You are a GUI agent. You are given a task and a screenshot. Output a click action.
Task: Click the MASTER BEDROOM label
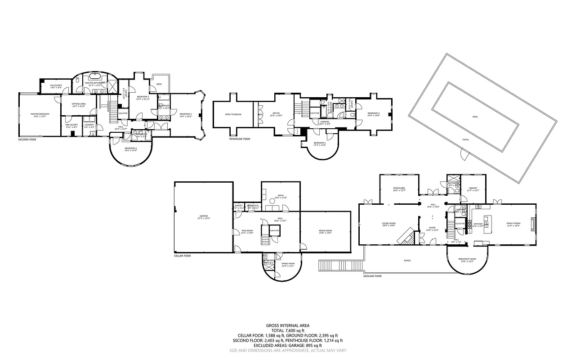[x=40, y=114]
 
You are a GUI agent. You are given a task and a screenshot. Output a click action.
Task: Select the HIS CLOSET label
[x=56, y=85]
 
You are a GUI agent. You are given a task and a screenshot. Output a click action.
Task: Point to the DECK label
[x=159, y=84]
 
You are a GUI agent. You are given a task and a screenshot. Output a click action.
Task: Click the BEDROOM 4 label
[x=131, y=149]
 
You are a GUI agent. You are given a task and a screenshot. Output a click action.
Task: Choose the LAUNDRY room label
[x=89, y=125]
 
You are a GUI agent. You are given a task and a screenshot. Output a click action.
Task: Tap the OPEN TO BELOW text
[x=233, y=114]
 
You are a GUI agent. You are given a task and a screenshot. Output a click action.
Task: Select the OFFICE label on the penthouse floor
[x=276, y=114]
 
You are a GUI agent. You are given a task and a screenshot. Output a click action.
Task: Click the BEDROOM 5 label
[x=373, y=113]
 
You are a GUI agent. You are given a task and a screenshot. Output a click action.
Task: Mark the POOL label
[x=476, y=117]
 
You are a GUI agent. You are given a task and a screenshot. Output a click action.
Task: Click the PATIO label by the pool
[x=465, y=140]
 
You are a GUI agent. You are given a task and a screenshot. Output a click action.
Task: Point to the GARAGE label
[x=203, y=217]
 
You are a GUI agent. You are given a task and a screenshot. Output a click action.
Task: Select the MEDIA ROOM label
[x=325, y=231]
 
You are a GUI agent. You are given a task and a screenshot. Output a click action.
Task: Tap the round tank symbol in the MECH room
[x=285, y=207]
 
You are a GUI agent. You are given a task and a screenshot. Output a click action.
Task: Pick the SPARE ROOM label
[x=288, y=264]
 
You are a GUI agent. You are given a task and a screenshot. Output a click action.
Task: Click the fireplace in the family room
[x=533, y=224]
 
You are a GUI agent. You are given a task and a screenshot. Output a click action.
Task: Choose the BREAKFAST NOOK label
[x=467, y=260]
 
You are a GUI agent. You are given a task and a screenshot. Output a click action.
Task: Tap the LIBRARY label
[x=473, y=189]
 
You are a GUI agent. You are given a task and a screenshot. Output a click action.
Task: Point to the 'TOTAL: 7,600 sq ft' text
[x=288, y=330]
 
